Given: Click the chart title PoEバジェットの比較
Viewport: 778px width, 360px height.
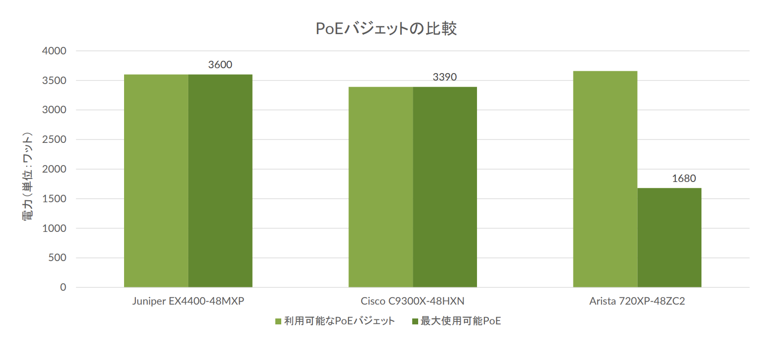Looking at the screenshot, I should [x=386, y=29].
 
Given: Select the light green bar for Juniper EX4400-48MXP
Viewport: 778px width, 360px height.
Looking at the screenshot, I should [x=156, y=180].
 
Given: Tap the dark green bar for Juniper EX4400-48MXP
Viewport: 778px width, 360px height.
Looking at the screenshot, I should [x=220, y=180].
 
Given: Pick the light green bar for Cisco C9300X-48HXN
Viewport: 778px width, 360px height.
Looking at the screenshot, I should [x=381, y=187].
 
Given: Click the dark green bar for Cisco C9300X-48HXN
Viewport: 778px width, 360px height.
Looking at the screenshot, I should [x=445, y=187].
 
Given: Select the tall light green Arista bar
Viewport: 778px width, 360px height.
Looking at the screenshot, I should [x=605, y=179].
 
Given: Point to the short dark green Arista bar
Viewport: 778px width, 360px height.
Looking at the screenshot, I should [x=669, y=237].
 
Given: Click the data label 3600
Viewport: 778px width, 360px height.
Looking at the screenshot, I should [x=220, y=65].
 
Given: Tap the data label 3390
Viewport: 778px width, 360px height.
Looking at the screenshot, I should [x=444, y=77].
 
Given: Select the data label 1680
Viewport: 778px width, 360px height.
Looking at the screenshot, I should [x=684, y=179].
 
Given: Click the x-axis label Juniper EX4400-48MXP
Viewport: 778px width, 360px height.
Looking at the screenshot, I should [x=188, y=301].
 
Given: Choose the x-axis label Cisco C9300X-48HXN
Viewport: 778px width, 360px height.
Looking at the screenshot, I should [x=413, y=301].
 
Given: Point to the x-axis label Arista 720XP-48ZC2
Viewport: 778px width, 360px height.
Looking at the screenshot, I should [x=637, y=301].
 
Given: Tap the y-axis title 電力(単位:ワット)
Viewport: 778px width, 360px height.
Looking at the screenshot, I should [x=28, y=176].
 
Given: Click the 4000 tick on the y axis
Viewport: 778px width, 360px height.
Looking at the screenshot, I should [x=54, y=51].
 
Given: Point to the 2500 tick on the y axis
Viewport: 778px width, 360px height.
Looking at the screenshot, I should [x=54, y=139].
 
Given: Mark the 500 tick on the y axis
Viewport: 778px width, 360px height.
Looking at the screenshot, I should [x=57, y=258].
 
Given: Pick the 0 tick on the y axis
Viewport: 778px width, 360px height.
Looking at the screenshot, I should [x=63, y=287].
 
